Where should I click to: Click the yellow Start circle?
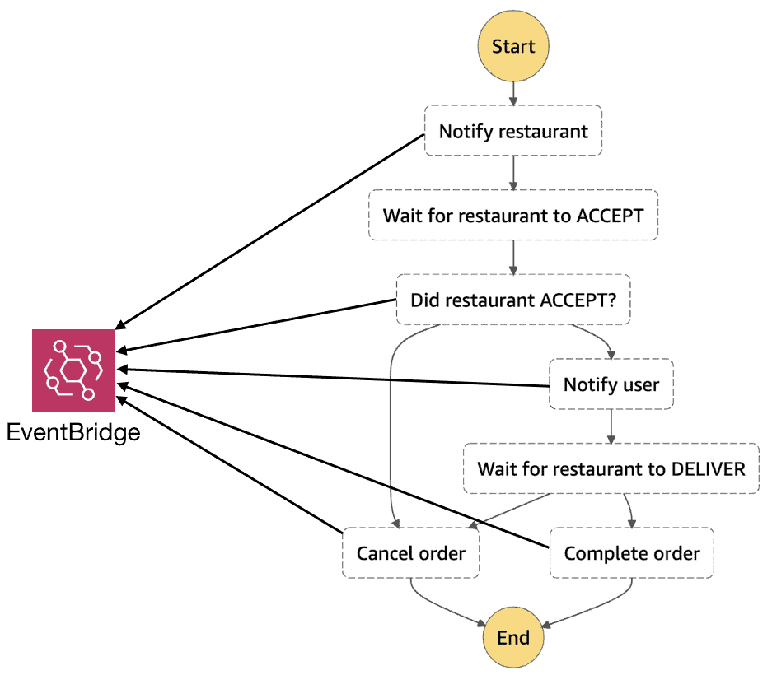[513, 47]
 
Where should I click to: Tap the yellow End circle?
[513, 638]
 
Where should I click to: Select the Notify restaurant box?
[513, 131]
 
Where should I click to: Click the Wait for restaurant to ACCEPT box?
[513, 216]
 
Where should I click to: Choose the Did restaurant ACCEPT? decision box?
[513, 300]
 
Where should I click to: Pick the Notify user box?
[611, 384]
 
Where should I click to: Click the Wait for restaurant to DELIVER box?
[611, 468]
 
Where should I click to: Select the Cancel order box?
[410, 553]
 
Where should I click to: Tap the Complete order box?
[632, 553]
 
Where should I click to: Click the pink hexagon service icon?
[73, 370]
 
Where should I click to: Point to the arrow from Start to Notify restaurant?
[513, 91]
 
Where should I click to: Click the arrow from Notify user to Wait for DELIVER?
[611, 426]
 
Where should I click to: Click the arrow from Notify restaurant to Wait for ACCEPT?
[513, 173]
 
